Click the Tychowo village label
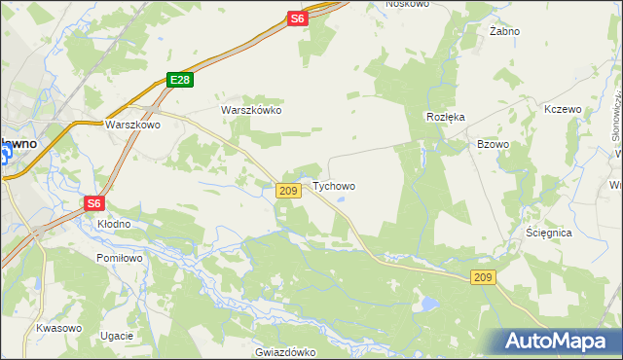click(x=334, y=186)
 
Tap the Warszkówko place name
click(x=251, y=110)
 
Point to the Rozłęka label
click(x=446, y=116)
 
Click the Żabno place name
click(x=504, y=31)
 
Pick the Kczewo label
click(x=563, y=109)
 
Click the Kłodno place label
click(x=114, y=224)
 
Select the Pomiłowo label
click(x=120, y=258)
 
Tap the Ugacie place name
click(x=116, y=336)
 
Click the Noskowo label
click(x=407, y=4)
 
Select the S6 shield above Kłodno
click(x=92, y=203)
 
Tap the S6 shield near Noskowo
click(x=297, y=18)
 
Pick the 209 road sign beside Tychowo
click(x=287, y=191)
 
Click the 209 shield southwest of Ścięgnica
click(x=485, y=278)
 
